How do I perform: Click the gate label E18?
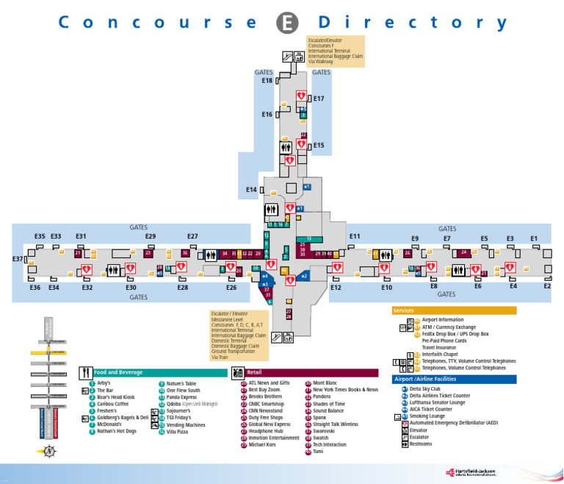point(267,80)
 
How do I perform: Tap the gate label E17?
point(319,98)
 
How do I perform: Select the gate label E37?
point(18,259)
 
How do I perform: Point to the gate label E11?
point(355,236)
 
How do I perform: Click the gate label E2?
point(547,286)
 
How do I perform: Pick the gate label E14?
point(251,190)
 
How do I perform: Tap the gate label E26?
point(231,287)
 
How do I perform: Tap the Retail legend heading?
point(255,373)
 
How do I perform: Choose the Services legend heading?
point(404,310)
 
